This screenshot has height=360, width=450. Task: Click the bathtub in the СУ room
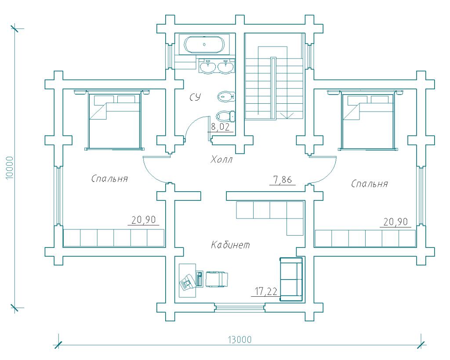tap(204, 44)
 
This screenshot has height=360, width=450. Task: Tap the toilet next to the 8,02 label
tap(225, 116)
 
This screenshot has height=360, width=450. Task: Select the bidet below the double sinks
tap(226, 96)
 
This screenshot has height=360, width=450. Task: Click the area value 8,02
tap(221, 127)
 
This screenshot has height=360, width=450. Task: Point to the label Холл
tap(221, 159)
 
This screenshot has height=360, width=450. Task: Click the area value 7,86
tap(283, 180)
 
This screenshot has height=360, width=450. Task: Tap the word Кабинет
tap(230, 245)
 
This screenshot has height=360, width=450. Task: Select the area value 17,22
tap(266, 292)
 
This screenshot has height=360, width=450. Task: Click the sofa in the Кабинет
tap(291, 279)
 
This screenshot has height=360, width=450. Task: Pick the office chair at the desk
tap(217, 279)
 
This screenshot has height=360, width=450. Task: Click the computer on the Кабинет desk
tap(187, 282)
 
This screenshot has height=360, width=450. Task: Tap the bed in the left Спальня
tap(115, 120)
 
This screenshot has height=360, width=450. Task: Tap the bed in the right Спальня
tap(368, 120)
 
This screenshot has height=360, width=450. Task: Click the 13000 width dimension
tap(240, 340)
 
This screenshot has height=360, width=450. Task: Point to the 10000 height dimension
tap(10, 168)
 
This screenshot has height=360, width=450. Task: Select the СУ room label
tap(196, 97)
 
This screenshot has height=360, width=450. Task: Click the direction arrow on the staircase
tap(287, 116)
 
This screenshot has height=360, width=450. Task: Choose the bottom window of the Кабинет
tap(240, 307)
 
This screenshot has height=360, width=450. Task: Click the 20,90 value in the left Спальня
tap(144, 220)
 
